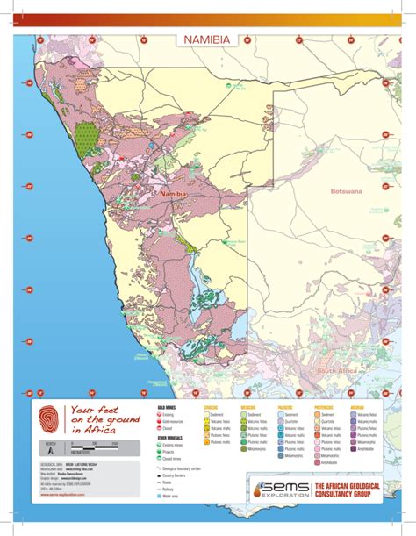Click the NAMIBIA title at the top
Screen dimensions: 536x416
pos(207,39)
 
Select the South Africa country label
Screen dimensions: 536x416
pos(337,371)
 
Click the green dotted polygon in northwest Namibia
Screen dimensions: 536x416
pos(87,139)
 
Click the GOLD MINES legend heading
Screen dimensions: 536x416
pos(167,408)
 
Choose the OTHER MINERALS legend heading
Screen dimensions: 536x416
pos(170,436)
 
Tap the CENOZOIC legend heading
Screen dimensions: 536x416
pos(212,408)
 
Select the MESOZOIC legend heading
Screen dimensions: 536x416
pos(248,408)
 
